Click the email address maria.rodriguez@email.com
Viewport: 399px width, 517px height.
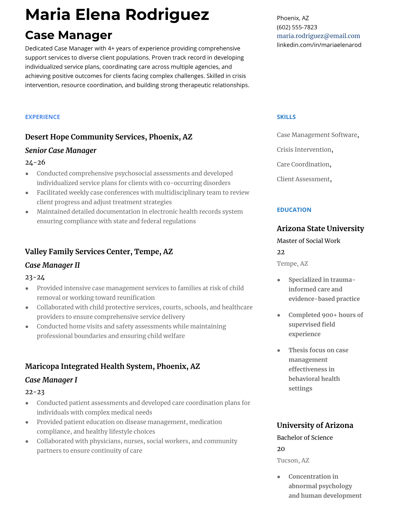pyautogui.click(x=318, y=36)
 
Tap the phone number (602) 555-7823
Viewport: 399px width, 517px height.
pyautogui.click(x=297, y=27)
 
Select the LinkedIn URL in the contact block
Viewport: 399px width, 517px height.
pyautogui.click(x=319, y=45)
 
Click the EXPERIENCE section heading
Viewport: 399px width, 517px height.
pyautogui.click(x=42, y=117)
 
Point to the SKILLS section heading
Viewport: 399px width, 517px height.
pyautogui.click(x=286, y=117)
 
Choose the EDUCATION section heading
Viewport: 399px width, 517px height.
pyautogui.click(x=294, y=210)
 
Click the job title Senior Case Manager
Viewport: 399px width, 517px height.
pyautogui.click(x=61, y=150)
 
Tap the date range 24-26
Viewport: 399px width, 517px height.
pyautogui.click(x=35, y=162)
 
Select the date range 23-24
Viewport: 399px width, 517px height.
pyautogui.click(x=35, y=277)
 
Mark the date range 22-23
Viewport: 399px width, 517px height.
pyautogui.click(x=35, y=392)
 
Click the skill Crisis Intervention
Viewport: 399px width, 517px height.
pyautogui.click(x=304, y=149)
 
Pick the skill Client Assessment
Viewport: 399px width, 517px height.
pyautogui.click(x=303, y=179)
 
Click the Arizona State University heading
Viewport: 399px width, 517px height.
pyautogui.click(x=320, y=228)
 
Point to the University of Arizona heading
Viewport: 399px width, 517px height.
pyautogui.click(x=315, y=425)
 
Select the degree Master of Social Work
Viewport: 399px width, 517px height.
pyautogui.click(x=308, y=241)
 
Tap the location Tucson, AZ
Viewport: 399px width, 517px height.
pyautogui.click(x=293, y=460)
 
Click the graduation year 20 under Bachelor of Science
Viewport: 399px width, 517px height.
pyautogui.click(x=280, y=449)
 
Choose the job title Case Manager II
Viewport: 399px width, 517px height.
pyautogui.click(x=52, y=265)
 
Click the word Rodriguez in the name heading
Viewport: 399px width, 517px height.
pyautogui.click(x=167, y=15)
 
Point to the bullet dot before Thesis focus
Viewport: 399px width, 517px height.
pyautogui.click(x=279, y=351)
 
